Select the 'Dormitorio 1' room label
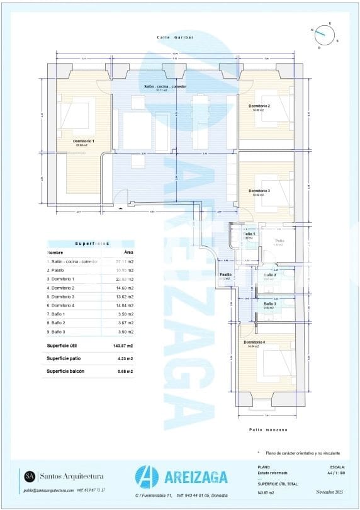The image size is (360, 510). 83,140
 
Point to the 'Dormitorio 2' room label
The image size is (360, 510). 259,106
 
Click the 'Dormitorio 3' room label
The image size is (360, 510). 259,191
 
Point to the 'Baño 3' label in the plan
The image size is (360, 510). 270,303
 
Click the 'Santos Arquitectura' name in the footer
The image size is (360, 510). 72,476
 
